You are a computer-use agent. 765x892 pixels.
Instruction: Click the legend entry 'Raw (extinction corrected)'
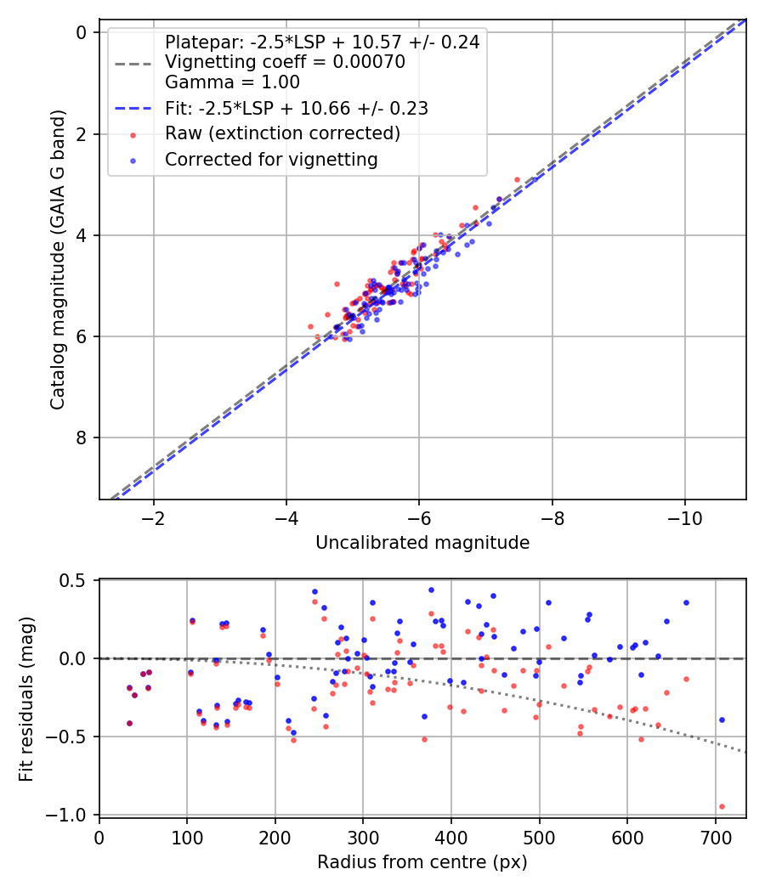[282, 133]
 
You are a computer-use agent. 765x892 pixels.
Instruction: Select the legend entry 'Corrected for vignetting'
[271, 159]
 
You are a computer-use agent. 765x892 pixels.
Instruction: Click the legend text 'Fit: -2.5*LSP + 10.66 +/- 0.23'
[296, 108]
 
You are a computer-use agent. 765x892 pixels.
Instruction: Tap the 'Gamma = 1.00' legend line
[232, 82]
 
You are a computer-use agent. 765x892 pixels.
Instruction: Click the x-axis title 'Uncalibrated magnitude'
[422, 543]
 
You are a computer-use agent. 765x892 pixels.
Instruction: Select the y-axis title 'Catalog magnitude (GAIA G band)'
[58, 258]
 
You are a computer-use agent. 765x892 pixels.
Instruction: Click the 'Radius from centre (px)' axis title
[422, 862]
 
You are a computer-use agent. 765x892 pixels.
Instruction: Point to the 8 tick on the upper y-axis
[82, 438]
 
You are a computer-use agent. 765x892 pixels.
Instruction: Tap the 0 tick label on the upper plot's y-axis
[82, 32]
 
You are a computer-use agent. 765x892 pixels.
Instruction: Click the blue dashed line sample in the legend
[133, 108]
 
